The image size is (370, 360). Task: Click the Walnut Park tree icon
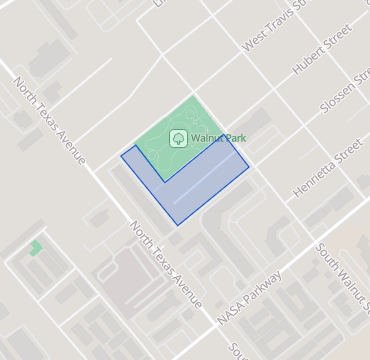[178, 138]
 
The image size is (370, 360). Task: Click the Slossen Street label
[340, 105]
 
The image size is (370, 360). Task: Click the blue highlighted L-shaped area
[200, 190]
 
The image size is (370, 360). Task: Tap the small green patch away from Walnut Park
[36, 247]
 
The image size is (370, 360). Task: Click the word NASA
[229, 311]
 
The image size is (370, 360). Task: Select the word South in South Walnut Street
[328, 257]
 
